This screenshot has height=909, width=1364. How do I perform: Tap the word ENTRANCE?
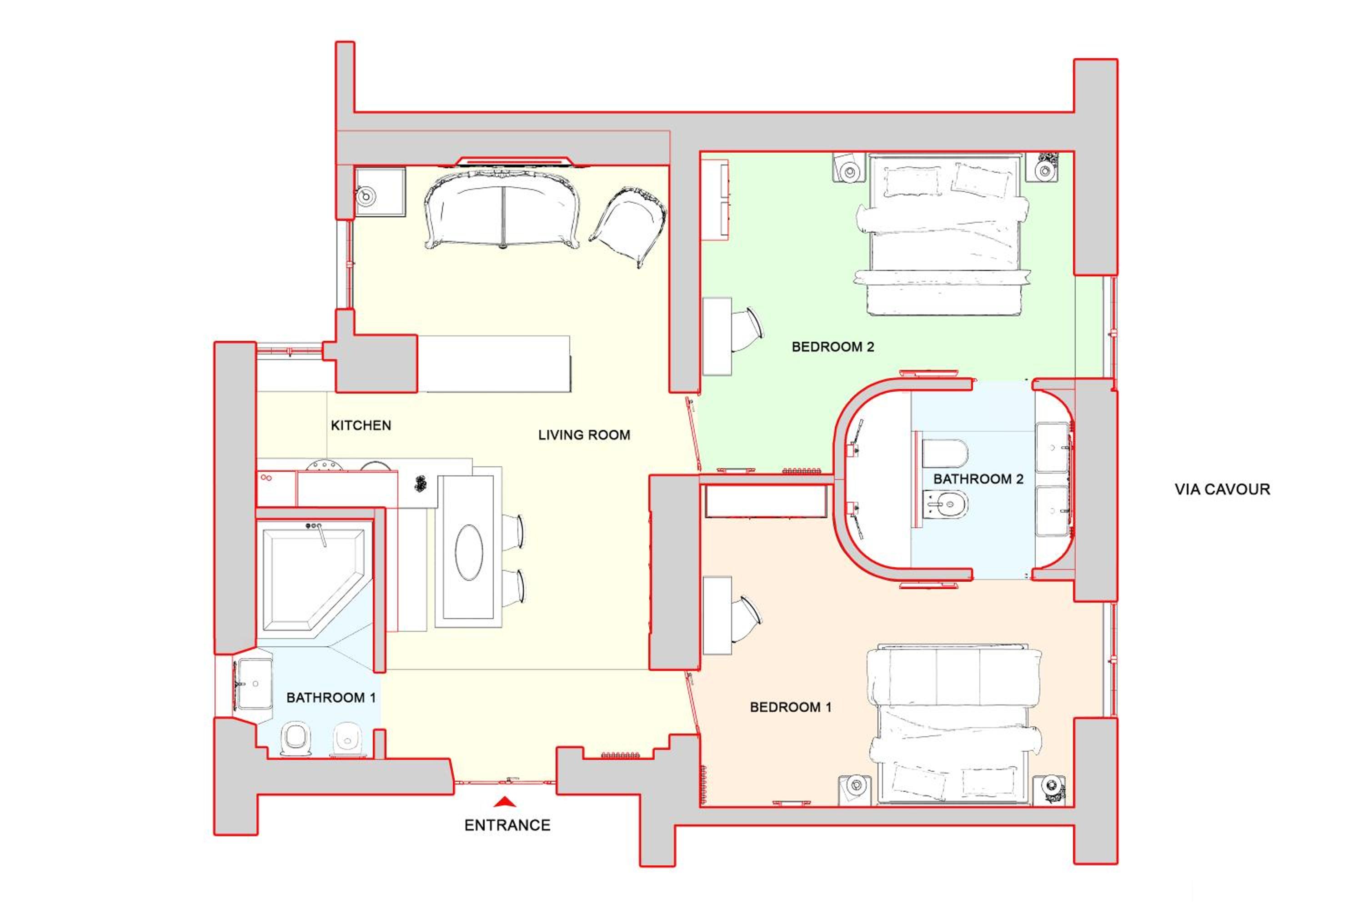coord(507,825)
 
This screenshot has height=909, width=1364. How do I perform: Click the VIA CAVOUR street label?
coord(1223,489)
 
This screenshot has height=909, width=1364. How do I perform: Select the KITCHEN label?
coord(361,425)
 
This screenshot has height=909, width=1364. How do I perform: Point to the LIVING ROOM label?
coord(584,435)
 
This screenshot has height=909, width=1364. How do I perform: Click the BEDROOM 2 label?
coord(833,347)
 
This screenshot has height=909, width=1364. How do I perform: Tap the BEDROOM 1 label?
coord(791,707)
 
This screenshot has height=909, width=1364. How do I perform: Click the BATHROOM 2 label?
coord(978,479)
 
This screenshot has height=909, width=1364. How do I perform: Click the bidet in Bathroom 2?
coord(945,504)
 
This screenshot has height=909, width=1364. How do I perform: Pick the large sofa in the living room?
coord(502,209)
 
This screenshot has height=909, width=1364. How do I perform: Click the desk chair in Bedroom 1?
coord(745,619)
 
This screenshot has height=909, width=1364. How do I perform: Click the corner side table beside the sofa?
coord(380,192)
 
